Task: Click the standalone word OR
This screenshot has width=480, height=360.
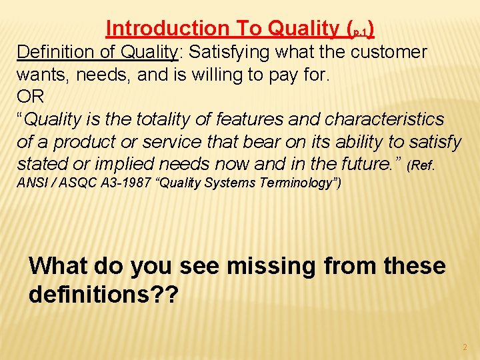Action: tap(30, 97)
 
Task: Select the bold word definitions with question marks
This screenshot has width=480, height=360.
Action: tap(103, 294)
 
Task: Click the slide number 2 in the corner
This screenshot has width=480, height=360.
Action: tap(465, 347)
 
